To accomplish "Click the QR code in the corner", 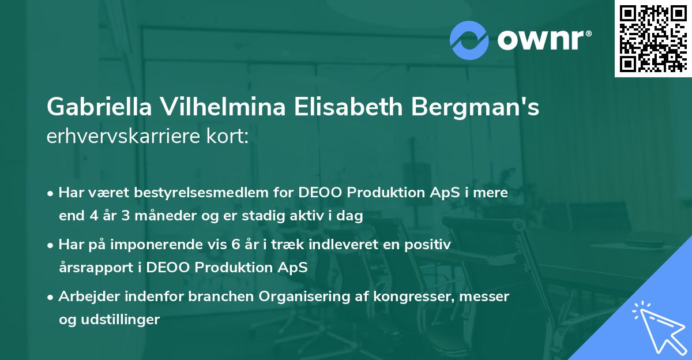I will (653, 38).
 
